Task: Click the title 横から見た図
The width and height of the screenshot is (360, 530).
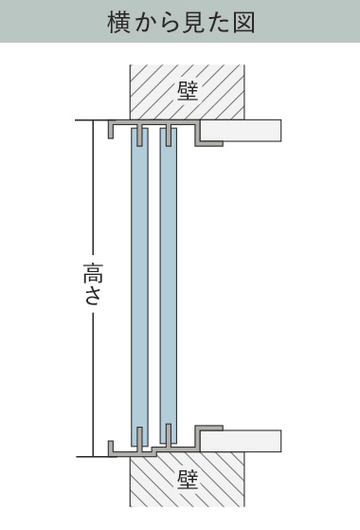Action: (181, 23)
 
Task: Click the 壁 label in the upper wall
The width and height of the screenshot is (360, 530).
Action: (188, 92)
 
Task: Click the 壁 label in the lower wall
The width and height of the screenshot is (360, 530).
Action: (188, 480)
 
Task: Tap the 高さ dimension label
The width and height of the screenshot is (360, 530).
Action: (92, 283)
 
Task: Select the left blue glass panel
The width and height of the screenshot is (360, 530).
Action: (139, 286)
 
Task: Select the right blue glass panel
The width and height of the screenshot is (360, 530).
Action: (169, 286)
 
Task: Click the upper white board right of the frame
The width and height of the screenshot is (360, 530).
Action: (241, 131)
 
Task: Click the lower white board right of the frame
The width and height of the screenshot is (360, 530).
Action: (241, 441)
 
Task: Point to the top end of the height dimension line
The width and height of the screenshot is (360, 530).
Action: (93, 120)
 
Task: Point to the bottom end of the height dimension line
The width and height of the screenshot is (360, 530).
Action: (93, 457)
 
